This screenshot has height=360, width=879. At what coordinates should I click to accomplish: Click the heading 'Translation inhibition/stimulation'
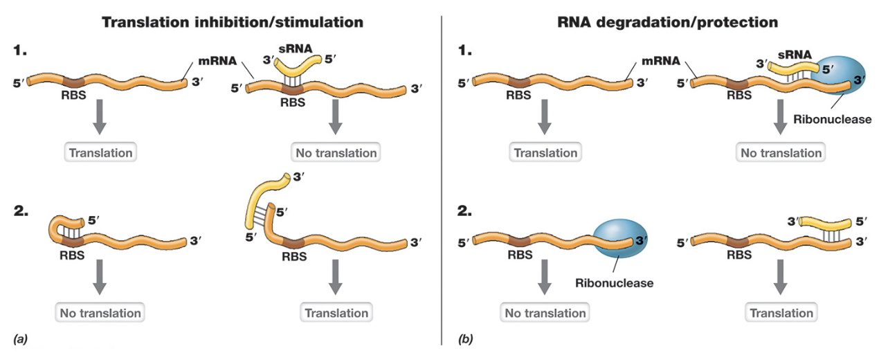(x=233, y=22)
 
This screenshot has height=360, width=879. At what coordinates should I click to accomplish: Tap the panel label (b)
(x=466, y=339)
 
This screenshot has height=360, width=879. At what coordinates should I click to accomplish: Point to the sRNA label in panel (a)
(x=293, y=48)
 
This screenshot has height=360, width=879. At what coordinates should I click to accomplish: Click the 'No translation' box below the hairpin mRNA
(x=100, y=312)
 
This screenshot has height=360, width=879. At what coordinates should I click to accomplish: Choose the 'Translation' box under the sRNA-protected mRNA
(x=783, y=312)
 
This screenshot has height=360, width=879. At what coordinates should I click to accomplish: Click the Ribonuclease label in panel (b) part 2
(x=614, y=282)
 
